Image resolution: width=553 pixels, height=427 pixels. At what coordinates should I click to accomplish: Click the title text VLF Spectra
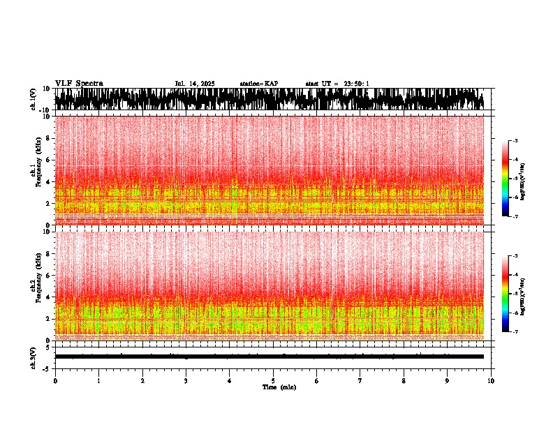(x=79, y=83)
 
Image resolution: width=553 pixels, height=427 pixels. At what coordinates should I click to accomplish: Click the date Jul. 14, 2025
(x=195, y=84)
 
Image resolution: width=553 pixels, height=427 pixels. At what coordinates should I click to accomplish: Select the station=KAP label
(x=258, y=84)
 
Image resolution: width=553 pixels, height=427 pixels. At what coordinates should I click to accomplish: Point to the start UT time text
(x=337, y=84)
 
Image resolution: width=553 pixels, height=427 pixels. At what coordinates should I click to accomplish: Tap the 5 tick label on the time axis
(x=273, y=381)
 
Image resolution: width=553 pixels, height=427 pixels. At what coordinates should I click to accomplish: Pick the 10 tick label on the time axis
(x=491, y=381)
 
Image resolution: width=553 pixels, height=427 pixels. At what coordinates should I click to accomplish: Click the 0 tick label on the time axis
(x=55, y=381)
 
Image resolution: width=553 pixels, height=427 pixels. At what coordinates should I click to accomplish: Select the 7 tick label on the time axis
(x=360, y=381)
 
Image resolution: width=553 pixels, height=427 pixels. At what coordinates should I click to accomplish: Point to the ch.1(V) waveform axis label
(x=33, y=99)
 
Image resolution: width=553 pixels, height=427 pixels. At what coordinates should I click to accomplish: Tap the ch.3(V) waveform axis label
(x=33, y=357)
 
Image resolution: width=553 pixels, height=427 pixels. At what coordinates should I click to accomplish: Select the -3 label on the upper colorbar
(x=515, y=141)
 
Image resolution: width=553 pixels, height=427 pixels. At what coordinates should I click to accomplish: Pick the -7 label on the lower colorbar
(x=515, y=332)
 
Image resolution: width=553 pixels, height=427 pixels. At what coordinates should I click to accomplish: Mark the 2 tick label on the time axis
(x=142, y=381)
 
